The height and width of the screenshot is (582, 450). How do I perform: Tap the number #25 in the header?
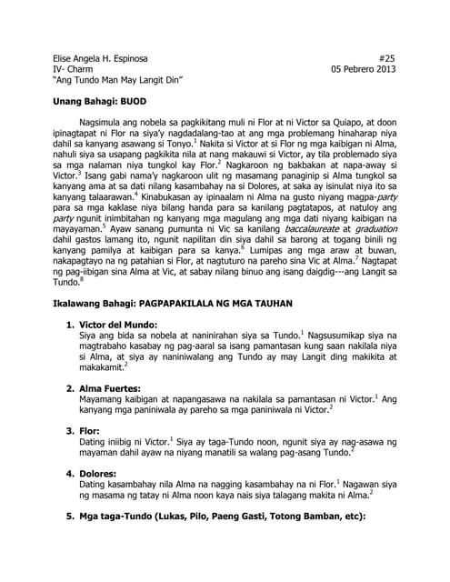387,56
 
